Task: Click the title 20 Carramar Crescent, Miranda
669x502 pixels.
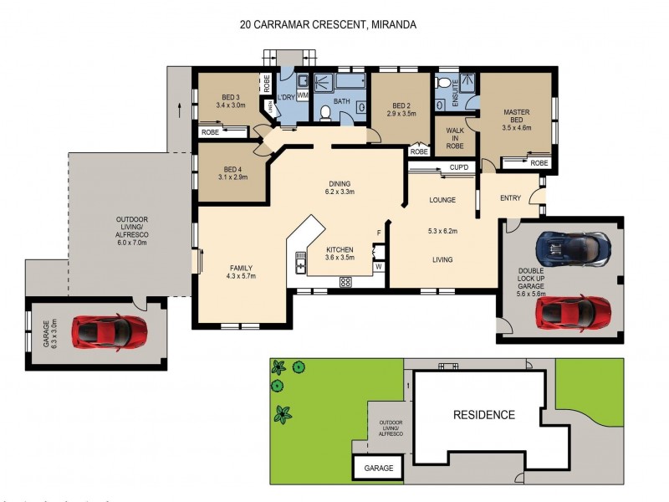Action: [328, 25]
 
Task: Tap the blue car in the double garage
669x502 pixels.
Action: [574, 248]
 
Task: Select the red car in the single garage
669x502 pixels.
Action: [110, 332]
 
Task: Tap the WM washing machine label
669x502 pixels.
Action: [303, 96]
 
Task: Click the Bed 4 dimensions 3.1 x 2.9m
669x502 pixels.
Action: [232, 177]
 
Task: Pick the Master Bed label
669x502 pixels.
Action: [516, 116]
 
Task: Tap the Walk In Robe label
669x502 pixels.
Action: [454, 138]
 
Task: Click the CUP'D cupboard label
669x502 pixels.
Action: [458, 168]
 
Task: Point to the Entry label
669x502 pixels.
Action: [510, 198]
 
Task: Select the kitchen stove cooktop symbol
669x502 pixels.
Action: [345, 282]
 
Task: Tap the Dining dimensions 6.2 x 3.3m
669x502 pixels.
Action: [340, 192]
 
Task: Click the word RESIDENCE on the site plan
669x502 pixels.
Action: [483, 415]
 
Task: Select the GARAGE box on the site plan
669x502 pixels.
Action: [378, 469]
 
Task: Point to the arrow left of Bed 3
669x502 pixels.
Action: [178, 108]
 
